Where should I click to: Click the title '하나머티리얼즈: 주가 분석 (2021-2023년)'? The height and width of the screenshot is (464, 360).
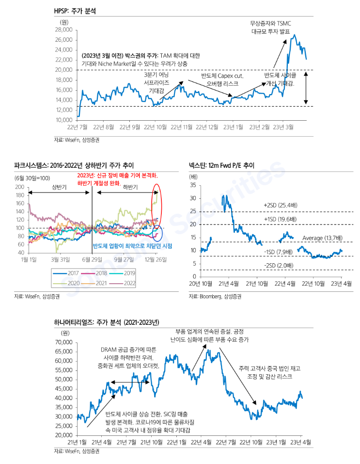pyautogui.click(x=107, y=322)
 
